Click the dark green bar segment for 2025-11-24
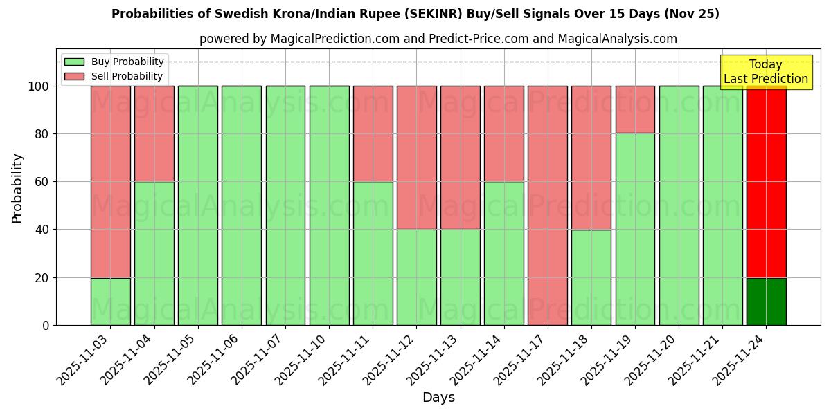point(766,302)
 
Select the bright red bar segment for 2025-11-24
point(766,182)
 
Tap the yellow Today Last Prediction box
point(765,72)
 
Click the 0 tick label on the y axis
point(46,325)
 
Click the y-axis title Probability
point(17,188)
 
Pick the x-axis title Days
point(438,398)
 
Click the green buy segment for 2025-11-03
point(111,302)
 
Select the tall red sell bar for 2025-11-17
point(548,205)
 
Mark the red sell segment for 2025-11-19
point(635,109)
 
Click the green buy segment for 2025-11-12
point(416,277)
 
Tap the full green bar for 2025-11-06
point(242,205)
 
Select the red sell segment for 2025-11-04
point(154,133)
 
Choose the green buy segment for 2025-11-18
point(591,277)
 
